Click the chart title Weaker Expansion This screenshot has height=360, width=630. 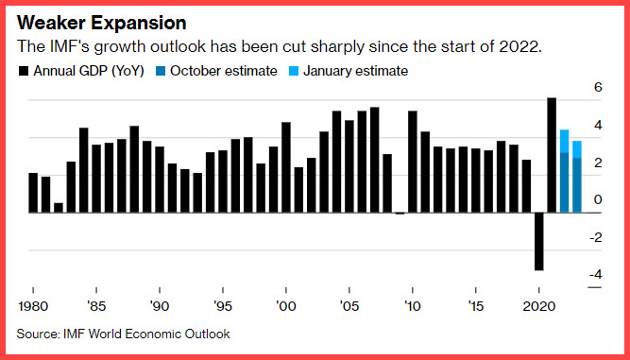click(x=102, y=23)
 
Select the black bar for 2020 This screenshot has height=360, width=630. click(x=538, y=241)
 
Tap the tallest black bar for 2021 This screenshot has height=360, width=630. click(x=552, y=155)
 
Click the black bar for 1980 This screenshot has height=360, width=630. click(x=33, y=193)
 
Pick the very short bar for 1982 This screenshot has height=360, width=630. click(x=59, y=208)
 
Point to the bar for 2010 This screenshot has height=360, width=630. click(x=413, y=162)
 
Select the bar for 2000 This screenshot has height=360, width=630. click(x=286, y=167)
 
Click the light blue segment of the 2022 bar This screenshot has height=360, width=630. click(x=564, y=141)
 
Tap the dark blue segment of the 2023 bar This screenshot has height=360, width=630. click(x=577, y=185)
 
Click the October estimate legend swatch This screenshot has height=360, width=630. click(x=161, y=72)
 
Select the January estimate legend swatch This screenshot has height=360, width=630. click(x=294, y=72)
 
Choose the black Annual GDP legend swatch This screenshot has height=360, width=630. click(x=24, y=72)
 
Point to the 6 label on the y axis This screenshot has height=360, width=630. click(x=598, y=87)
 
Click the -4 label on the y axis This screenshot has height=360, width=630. click(x=596, y=275)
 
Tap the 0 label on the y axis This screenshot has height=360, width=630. click(x=598, y=199)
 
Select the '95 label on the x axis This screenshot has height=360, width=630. click(x=223, y=306)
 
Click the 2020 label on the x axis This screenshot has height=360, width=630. click(x=538, y=306)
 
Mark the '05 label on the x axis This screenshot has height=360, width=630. click(x=349, y=306)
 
